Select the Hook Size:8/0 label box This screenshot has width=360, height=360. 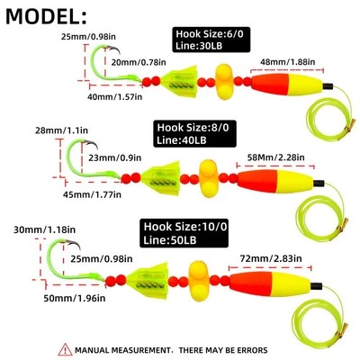191,133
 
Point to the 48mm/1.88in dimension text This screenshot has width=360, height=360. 289,61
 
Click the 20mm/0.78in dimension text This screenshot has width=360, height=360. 139,61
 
